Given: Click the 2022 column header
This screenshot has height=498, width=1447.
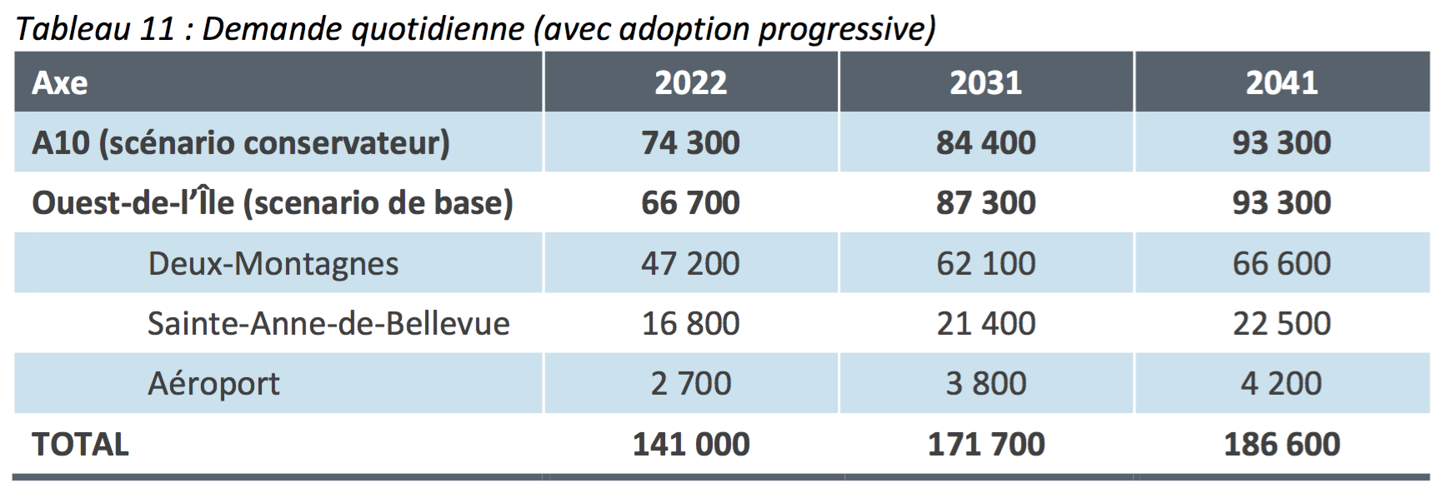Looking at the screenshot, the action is pos(690,82).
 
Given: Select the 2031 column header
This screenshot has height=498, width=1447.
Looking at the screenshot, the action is pos(985,82).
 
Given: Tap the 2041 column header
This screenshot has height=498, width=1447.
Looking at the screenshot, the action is pos(1281,82).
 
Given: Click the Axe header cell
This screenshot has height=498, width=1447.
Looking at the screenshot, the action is pos(60,82).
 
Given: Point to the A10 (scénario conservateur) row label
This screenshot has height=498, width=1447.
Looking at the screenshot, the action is pos(241,143).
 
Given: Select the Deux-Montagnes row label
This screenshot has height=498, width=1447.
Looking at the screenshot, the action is pos(273,264).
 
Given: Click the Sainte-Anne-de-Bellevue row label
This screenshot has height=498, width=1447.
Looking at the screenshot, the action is pos(328,323).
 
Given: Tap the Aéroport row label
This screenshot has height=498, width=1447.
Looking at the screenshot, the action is pos(213,384).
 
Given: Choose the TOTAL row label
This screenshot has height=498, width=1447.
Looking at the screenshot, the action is pos(80,444).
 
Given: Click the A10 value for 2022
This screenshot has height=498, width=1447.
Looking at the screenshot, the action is pos(690,143).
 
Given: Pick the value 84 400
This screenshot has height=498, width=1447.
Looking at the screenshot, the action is pos(985,143).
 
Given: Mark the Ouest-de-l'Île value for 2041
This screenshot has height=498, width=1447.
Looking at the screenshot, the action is pos(1281,203).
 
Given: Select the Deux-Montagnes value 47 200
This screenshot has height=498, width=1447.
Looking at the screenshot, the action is pos(690,264).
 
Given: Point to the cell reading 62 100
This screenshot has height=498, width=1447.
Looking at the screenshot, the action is pos(985,264).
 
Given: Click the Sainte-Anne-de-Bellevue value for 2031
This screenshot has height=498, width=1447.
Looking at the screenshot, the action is pos(985,323).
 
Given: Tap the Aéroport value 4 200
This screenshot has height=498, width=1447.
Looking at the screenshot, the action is pos(1281,384).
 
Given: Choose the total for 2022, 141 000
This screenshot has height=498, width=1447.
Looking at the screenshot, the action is pos(690,444).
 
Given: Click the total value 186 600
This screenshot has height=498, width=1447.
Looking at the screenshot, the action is pos(1281,444).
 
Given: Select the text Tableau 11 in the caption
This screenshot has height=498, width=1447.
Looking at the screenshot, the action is pos(95,29).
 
